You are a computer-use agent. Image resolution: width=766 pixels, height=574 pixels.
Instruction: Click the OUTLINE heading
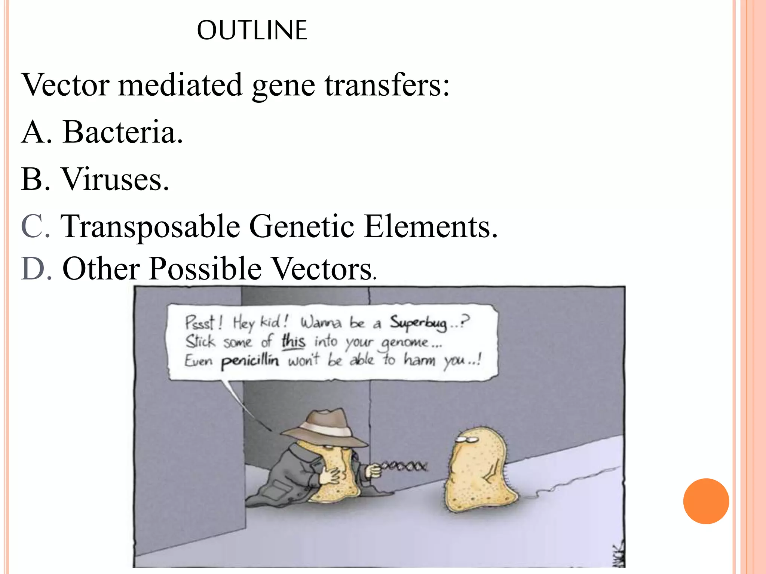[252, 30]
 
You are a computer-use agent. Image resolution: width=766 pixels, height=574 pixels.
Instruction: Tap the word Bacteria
[122, 132]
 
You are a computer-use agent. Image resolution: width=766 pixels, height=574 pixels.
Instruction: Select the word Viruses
[115, 179]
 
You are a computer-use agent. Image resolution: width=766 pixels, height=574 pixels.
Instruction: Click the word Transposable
[150, 227]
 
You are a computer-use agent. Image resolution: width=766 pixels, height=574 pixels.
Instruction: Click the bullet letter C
[35, 226]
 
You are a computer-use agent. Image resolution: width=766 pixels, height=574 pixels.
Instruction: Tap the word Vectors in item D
[323, 268]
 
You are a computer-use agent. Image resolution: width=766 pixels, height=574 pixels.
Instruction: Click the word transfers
[387, 85]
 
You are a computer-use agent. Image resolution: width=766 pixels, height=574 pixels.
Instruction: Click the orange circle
[706, 501]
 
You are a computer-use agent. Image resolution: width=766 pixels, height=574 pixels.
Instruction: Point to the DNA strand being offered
[404, 466]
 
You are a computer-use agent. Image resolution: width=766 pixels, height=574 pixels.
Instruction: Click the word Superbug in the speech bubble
[418, 323]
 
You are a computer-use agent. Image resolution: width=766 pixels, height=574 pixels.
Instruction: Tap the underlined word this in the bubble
[293, 341]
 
